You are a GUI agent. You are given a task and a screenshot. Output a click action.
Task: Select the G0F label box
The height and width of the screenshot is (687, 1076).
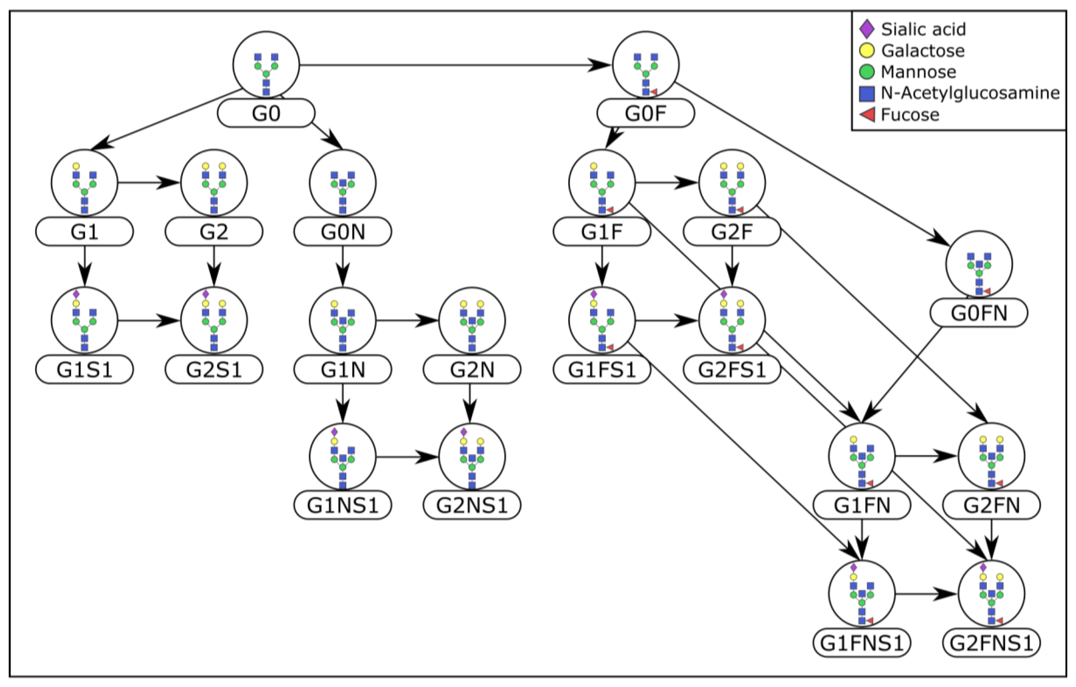645,113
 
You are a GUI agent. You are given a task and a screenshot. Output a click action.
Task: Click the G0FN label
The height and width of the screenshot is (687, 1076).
978,313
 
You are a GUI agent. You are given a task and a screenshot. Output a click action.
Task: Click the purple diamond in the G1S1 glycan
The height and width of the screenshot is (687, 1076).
76,294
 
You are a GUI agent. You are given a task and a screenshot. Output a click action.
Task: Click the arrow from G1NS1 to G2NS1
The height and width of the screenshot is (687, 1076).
407,457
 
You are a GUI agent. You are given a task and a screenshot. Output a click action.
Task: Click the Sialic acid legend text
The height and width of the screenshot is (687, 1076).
923,29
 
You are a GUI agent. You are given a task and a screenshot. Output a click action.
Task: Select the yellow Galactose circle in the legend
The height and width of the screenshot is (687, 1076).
867,50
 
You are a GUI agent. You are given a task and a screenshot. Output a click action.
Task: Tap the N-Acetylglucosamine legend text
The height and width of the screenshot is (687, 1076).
970,93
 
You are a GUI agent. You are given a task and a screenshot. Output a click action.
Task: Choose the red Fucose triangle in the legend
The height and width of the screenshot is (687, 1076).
867,115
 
